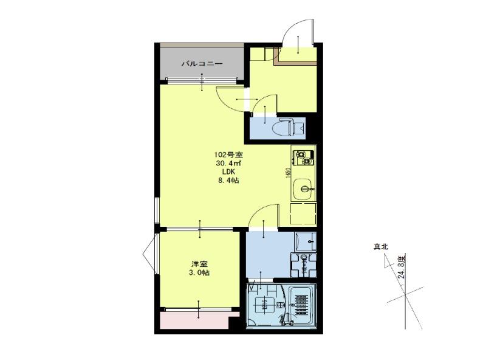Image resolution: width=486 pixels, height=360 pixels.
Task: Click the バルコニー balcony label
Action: (202, 64)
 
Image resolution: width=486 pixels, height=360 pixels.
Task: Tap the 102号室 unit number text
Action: (229, 154)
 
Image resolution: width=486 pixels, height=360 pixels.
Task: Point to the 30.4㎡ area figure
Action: (229, 163)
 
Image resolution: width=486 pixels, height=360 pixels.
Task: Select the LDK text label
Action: (229, 171)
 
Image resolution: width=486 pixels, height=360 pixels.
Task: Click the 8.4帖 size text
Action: (229, 181)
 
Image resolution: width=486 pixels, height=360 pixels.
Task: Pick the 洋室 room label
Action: (199, 265)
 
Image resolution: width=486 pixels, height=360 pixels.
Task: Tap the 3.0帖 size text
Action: (199, 273)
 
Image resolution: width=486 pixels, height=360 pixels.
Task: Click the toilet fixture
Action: (289, 126)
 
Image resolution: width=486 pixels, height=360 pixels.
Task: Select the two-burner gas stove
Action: (303, 157)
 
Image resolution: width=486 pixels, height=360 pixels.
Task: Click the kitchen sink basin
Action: (304, 189)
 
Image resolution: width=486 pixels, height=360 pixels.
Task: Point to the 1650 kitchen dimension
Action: (288, 173)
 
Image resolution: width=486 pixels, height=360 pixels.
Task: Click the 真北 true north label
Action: (381, 247)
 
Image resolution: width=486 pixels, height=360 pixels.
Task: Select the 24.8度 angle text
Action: (402, 267)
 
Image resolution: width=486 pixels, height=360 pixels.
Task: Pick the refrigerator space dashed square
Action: (303, 213)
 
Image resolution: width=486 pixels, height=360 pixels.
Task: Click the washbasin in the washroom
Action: (306, 241)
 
